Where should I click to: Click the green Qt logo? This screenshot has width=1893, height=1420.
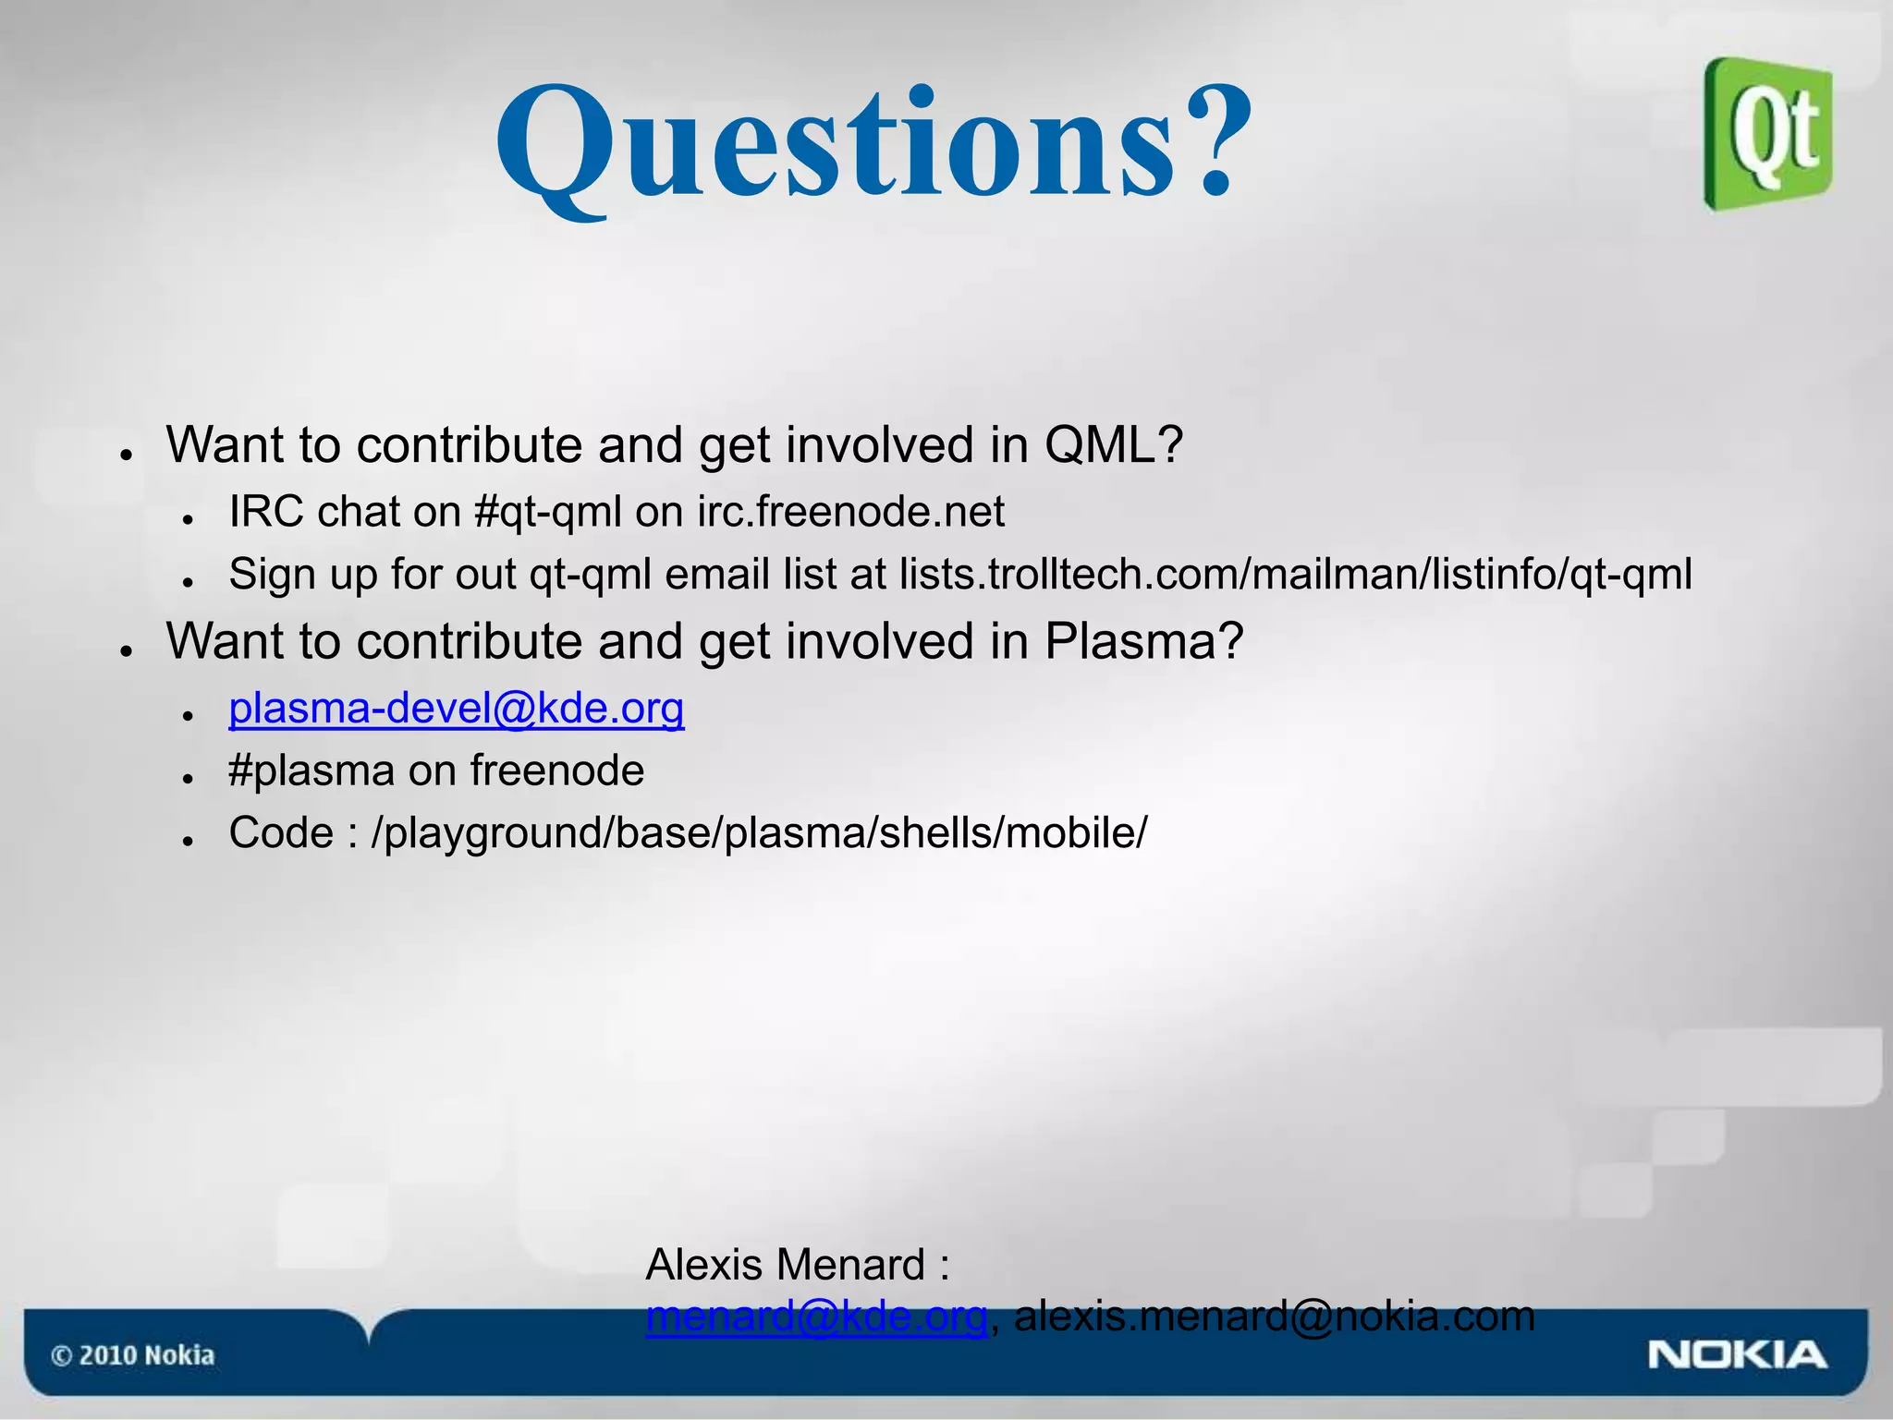pyautogui.click(x=1768, y=134)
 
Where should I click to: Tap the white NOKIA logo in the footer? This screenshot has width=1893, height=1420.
pyautogui.click(x=1737, y=1355)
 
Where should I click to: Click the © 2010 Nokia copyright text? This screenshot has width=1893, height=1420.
pyautogui.click(x=132, y=1355)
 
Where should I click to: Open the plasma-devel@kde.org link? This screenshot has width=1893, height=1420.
pyautogui.click(x=456, y=709)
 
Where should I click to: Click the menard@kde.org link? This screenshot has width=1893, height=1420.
pyautogui.click(x=816, y=1317)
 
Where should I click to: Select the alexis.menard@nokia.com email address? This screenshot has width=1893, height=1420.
pyautogui.click(x=1274, y=1317)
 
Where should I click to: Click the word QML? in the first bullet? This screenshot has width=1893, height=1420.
pyautogui.click(x=1113, y=445)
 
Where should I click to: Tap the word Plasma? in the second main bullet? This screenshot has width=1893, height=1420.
pyautogui.click(x=1143, y=641)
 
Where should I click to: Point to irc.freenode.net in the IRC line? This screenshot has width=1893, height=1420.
pyautogui.click(x=850, y=512)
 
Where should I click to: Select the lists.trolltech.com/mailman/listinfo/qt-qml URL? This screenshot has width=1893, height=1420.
pyautogui.click(x=1296, y=575)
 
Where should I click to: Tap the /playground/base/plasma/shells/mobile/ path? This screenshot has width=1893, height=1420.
pyautogui.click(x=758, y=833)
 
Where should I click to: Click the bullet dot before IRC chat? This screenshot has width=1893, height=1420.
pyautogui.click(x=188, y=520)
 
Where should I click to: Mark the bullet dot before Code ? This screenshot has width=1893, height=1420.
pyautogui.click(x=188, y=842)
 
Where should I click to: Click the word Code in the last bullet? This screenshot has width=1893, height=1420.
pyautogui.click(x=281, y=833)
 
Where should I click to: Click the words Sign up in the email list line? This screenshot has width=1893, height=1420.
pyautogui.click(x=304, y=575)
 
